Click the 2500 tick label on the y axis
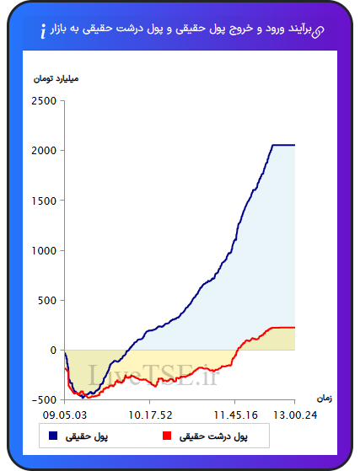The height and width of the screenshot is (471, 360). [44, 101]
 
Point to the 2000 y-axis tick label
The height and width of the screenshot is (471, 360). [44, 151]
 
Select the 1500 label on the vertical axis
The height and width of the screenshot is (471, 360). [44, 201]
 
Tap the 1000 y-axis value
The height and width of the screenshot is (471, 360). [44, 250]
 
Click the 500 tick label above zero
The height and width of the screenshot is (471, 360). [47, 301]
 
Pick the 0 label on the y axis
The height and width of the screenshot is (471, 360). [53, 351]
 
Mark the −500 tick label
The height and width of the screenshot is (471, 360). [44, 400]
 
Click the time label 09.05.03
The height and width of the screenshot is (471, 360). [65, 415]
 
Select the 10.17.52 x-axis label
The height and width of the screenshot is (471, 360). [150, 415]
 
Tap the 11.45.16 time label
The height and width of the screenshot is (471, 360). [235, 415]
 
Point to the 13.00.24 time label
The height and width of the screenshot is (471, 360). [295, 415]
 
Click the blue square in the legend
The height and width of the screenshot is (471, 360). [53, 436]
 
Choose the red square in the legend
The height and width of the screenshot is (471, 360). [167, 436]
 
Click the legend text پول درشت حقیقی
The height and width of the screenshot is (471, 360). [213, 436]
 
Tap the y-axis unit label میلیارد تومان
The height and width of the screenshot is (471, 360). [56, 79]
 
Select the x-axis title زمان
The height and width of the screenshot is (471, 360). [325, 399]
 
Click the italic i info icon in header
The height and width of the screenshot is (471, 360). [43, 31]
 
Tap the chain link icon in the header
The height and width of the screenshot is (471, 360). [318, 32]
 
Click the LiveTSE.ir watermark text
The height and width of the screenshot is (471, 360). [153, 375]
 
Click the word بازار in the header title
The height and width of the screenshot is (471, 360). [59, 29]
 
